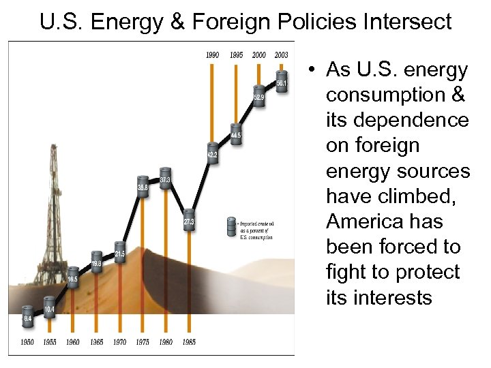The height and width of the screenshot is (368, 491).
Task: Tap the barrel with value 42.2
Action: coord(212,153)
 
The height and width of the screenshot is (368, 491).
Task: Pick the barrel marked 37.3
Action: coord(165,178)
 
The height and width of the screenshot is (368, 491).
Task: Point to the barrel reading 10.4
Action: coord(49,307)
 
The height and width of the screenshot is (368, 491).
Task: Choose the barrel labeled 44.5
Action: coord(235,133)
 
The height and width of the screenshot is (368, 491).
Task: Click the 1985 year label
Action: coord(189,341)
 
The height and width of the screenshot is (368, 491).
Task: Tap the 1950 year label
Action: coord(26,341)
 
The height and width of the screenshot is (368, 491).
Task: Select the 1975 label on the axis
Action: coord(143,341)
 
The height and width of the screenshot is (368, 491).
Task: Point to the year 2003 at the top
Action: coord(282,55)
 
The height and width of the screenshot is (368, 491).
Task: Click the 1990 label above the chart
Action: coord(212,55)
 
